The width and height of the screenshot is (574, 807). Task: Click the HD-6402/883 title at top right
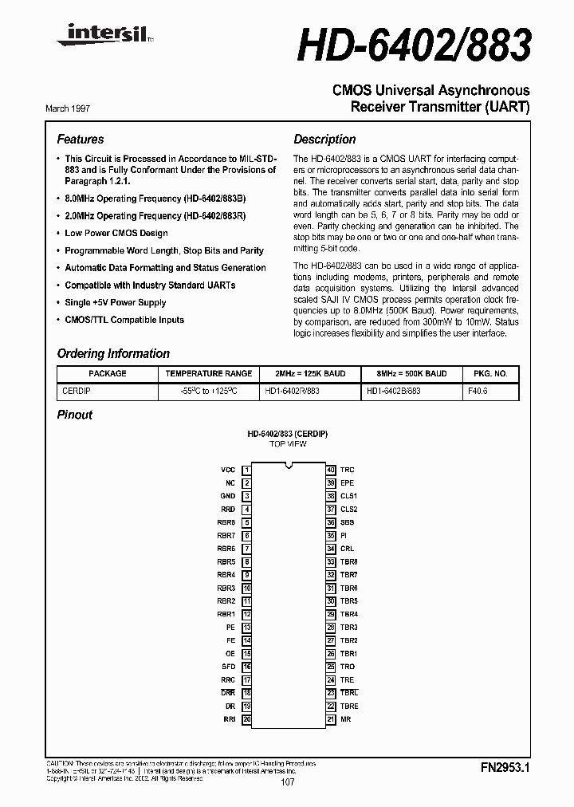point(415,46)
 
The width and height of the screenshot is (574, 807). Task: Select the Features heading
point(81,139)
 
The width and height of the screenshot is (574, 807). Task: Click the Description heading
point(324,139)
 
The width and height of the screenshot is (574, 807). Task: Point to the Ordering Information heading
point(113,353)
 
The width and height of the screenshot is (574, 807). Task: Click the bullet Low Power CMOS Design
point(116,233)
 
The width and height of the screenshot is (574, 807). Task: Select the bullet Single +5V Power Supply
point(116,302)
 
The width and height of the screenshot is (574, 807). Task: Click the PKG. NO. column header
point(490,373)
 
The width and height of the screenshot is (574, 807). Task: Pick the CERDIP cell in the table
point(77,391)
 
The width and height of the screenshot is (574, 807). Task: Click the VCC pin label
point(228,470)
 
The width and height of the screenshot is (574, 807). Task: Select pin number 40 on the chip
point(330,470)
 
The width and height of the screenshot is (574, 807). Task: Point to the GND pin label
point(228,496)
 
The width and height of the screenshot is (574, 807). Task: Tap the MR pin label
point(345,719)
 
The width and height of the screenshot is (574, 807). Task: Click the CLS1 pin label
point(348,496)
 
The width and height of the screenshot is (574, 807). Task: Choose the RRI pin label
point(229,719)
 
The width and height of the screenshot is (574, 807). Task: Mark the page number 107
point(288,782)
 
